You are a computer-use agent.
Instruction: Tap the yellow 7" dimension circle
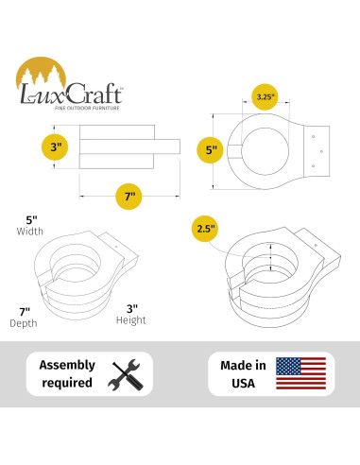pyautogui.click(x=130, y=196)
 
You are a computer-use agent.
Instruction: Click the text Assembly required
pyautogui.click(x=66, y=373)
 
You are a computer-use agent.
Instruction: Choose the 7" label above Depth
pyautogui.click(x=26, y=310)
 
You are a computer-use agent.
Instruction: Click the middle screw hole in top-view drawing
pyautogui.click(x=322, y=150)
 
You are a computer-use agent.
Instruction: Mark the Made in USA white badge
pyautogui.click(x=271, y=373)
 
